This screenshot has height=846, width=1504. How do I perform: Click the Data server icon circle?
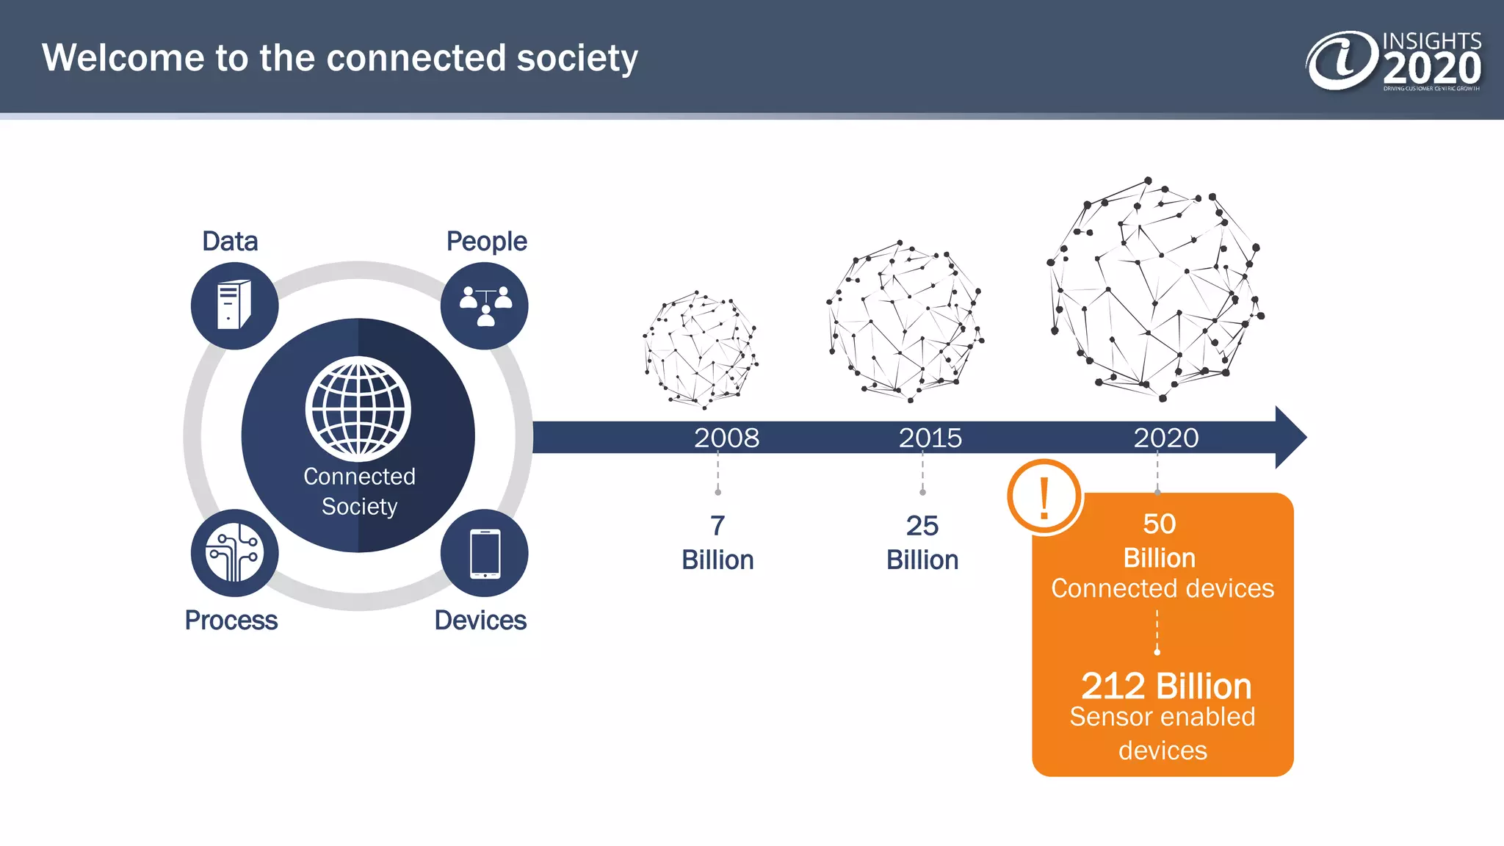click(x=234, y=305)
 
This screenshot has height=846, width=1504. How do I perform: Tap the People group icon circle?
click(x=485, y=305)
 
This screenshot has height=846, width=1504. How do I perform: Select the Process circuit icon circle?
click(x=234, y=553)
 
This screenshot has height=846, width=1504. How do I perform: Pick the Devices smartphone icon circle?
click(x=485, y=553)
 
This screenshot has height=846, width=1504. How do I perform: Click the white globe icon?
click(x=358, y=409)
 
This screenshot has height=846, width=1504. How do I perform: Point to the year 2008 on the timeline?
click(x=726, y=438)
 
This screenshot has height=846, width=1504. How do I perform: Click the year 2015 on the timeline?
click(x=930, y=438)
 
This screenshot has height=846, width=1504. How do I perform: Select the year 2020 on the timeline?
click(x=1165, y=438)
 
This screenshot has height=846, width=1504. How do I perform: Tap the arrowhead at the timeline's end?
click(x=1290, y=437)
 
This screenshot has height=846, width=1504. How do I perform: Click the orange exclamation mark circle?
click(x=1044, y=497)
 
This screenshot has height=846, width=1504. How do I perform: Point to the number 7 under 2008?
click(x=717, y=526)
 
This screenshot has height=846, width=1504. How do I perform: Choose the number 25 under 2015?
click(x=922, y=526)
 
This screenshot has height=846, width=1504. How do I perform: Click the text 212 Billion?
click(x=1165, y=687)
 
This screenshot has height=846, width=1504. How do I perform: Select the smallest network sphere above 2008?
click(x=701, y=350)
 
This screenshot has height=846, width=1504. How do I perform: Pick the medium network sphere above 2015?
click(x=904, y=321)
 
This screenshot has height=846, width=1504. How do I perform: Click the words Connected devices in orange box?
click(x=1163, y=588)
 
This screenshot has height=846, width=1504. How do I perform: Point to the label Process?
click(x=231, y=621)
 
